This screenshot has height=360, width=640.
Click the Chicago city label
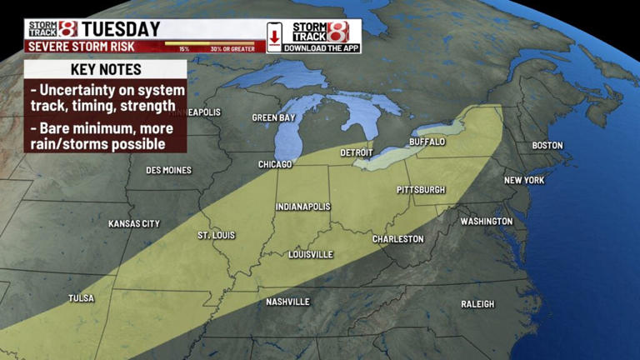(x=275, y=165)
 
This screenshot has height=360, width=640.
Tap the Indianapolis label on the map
(x=303, y=207)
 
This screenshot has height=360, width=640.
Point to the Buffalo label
(x=427, y=142)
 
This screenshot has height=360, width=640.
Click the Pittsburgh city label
(x=421, y=190)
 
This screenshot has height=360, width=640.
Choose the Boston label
(x=547, y=146)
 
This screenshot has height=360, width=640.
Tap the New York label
(x=524, y=181)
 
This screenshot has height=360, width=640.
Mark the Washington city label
(x=487, y=222)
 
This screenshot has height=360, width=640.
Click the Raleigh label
(x=477, y=304)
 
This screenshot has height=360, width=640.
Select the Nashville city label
(x=287, y=302)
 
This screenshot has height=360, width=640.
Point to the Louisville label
(x=310, y=254)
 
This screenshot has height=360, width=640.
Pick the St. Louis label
(x=217, y=236)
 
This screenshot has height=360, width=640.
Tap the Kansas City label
(x=134, y=224)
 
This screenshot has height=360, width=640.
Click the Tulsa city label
(x=81, y=298)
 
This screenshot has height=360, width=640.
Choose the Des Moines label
(x=168, y=171)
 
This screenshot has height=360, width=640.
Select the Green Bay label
(x=274, y=118)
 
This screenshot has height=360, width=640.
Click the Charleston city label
(x=397, y=239)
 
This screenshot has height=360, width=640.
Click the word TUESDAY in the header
(x=121, y=29)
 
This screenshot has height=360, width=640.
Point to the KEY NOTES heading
(x=105, y=69)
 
